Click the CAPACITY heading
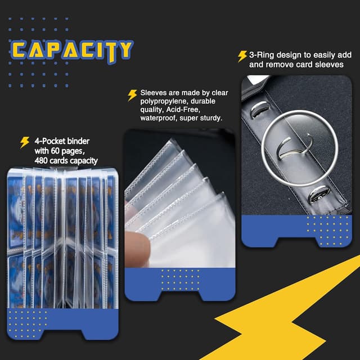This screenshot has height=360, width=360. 72,49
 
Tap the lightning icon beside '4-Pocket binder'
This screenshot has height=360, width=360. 25,142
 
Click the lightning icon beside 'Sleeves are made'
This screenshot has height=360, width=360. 132,94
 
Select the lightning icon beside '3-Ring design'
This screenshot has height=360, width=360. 242,56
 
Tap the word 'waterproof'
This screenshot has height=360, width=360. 161,119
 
